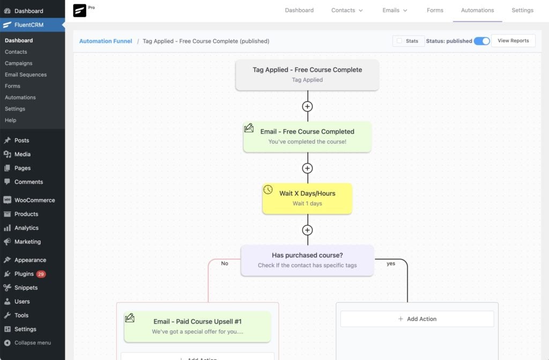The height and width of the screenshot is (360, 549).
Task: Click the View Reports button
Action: [x=513, y=41]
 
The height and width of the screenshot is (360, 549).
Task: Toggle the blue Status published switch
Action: [x=482, y=41]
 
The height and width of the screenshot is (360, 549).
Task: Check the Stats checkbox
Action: [x=399, y=41]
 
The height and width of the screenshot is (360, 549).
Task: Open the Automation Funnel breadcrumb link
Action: [x=106, y=41]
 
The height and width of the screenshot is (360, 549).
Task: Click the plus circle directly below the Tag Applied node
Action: [x=307, y=107]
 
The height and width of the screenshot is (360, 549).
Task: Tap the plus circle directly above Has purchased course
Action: [x=307, y=230]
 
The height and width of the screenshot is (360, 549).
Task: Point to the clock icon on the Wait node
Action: [x=268, y=189]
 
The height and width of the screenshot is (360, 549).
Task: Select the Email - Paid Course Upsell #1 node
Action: [x=197, y=326]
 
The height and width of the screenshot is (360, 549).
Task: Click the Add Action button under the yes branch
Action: [x=417, y=319]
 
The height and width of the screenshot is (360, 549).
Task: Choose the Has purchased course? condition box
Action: [x=307, y=260]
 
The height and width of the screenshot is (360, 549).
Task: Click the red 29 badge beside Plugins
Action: [x=41, y=274]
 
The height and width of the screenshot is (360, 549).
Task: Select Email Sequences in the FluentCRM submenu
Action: [x=26, y=75]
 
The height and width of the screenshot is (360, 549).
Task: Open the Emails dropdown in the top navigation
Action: [x=395, y=11]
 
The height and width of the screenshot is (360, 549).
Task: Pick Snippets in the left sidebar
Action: [x=26, y=288]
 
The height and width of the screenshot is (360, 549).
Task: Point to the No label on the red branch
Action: [x=225, y=263]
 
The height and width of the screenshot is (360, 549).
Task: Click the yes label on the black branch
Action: [x=391, y=263]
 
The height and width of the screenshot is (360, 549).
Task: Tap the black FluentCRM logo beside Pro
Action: [x=79, y=11]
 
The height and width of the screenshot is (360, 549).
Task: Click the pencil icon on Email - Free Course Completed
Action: [x=249, y=128]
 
